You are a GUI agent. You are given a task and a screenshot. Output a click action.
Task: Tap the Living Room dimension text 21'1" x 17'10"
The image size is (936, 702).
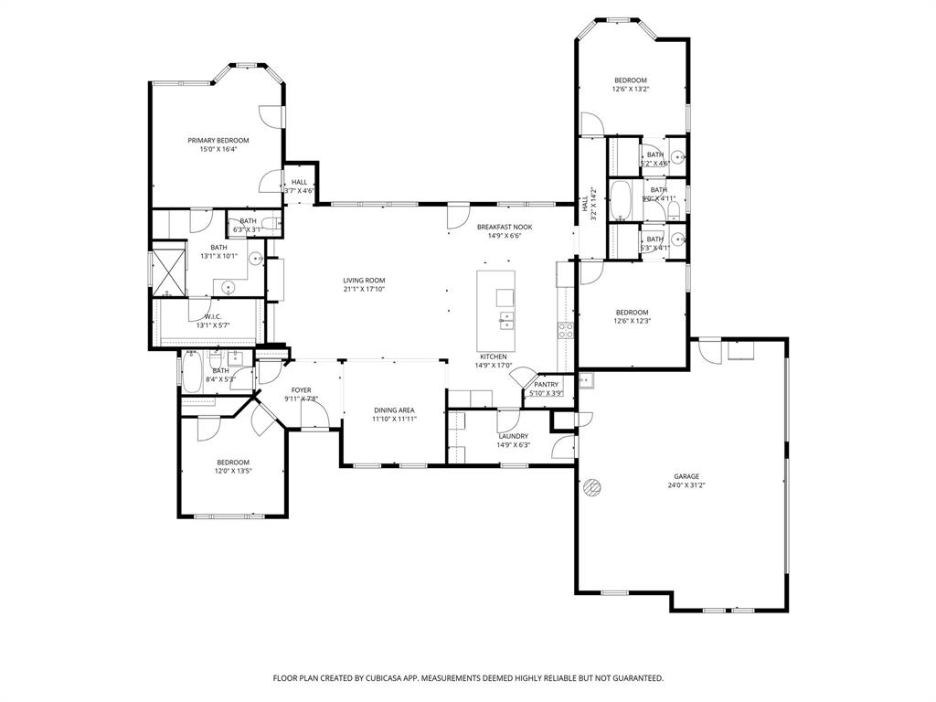coord(364,290)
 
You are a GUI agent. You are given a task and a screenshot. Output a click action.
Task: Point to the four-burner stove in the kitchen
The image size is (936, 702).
coord(566,330)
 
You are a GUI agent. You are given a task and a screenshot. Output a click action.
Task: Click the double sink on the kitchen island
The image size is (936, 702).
coord(505,320)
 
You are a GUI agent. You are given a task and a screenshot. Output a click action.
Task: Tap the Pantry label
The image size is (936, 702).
coord(547,385)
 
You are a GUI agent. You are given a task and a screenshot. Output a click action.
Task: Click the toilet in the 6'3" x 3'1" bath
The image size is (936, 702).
coord(271,223)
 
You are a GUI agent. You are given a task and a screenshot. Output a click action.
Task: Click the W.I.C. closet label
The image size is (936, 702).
coord(213,316)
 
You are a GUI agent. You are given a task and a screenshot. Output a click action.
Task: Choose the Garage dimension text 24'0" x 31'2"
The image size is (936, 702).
coord(686,486)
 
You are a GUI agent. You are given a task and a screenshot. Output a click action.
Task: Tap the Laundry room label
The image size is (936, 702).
coord(513,436)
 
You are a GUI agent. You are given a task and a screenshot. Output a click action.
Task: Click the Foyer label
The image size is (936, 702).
coord(301,390)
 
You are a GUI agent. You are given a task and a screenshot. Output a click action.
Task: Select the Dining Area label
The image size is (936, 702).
coord(394,409)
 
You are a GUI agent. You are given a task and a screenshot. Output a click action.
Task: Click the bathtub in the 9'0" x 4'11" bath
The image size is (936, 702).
coord(622,198)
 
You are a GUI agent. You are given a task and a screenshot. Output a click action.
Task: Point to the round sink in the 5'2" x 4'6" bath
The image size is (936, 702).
coord(678,157)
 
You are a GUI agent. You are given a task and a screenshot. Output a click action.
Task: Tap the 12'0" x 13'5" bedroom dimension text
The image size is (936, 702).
coord(232,472)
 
